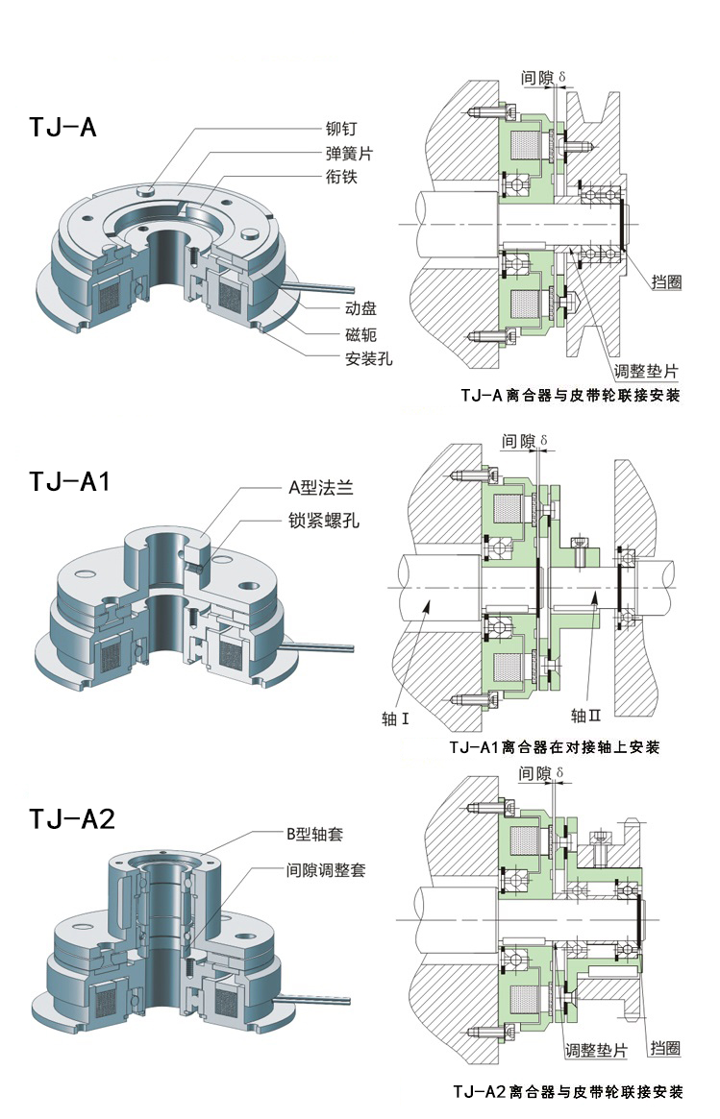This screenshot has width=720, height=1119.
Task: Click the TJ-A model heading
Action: pyautogui.click(x=62, y=128)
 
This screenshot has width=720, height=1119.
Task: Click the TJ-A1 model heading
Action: pyautogui.click(x=70, y=480)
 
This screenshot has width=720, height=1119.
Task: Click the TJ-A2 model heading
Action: pyautogui.click(x=72, y=818)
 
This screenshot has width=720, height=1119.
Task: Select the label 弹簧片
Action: pyautogui.click(x=350, y=154)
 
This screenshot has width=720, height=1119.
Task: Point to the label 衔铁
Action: pyautogui.click(x=342, y=178)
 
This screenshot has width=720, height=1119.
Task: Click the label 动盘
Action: pyautogui.click(x=360, y=309)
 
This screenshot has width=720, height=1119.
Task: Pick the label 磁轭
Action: pyautogui.click(x=360, y=334)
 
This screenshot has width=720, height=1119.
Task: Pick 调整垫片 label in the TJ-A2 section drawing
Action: pyautogui.click(x=596, y=1051)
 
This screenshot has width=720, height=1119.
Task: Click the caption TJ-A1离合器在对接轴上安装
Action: pyautogui.click(x=555, y=747)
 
